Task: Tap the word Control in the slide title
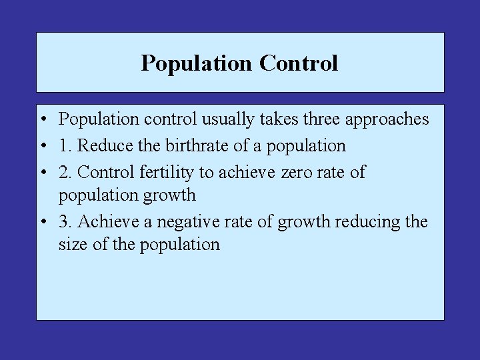[299, 63]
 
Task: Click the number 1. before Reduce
[65, 145]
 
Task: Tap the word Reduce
[102, 145]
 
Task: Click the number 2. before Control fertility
[65, 172]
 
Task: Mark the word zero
[296, 173]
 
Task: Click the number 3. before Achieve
[65, 221]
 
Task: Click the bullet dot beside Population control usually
[42, 120]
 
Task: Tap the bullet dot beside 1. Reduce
[42, 146]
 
